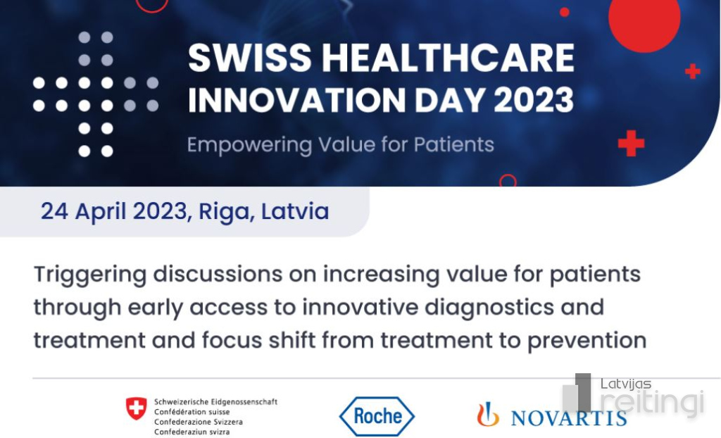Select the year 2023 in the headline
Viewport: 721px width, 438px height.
tap(534, 99)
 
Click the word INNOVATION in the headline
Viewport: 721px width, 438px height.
tap(297, 99)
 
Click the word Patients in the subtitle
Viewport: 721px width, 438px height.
tap(454, 144)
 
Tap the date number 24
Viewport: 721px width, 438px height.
tap(55, 212)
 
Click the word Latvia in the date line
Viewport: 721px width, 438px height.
tap(295, 211)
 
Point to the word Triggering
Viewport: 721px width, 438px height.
tap(90, 275)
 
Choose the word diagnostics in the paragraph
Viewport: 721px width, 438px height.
tap(489, 307)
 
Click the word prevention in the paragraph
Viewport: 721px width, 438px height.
tap(587, 341)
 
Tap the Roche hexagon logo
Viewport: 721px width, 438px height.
tap(377, 416)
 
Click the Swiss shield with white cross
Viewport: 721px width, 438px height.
tap(137, 408)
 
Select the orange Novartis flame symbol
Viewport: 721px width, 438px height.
tap(488, 414)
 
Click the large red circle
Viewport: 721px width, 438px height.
tap(644, 18)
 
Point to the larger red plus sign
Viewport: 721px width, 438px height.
tap(631, 143)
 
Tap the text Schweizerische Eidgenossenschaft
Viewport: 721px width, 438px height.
tap(215, 401)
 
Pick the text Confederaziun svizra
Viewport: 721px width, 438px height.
tap(192, 432)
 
